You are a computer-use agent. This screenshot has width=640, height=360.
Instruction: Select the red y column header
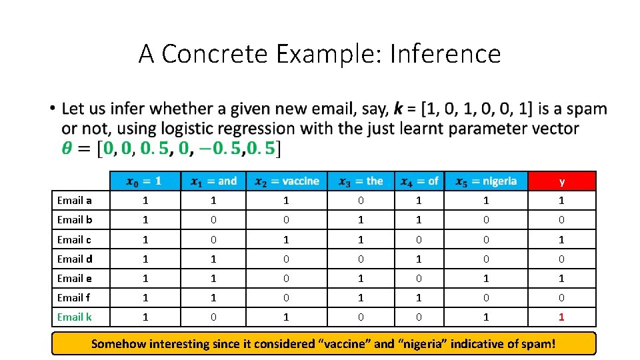click(x=562, y=181)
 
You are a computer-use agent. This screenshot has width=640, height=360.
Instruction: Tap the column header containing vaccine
click(x=287, y=181)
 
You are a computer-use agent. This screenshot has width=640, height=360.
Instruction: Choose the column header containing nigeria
click(x=486, y=181)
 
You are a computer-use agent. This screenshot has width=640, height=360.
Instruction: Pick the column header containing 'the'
click(x=361, y=181)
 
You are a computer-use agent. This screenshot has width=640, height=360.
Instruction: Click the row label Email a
click(x=75, y=201)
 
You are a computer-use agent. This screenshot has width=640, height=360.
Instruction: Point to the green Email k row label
click(x=75, y=317)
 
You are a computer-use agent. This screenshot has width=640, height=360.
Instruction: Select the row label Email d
click(x=75, y=259)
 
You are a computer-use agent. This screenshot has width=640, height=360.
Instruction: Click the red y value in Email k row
click(x=561, y=317)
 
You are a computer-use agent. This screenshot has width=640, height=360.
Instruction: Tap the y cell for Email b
click(x=561, y=220)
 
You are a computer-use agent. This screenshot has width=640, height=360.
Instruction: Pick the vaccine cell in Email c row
click(x=286, y=239)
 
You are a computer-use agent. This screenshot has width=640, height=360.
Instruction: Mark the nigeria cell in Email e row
click(x=486, y=279)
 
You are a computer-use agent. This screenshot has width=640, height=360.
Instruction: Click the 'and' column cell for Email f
click(x=213, y=298)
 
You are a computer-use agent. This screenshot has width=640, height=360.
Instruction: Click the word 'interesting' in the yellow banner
click(x=175, y=344)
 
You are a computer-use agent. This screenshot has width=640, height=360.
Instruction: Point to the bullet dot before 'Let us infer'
click(x=52, y=109)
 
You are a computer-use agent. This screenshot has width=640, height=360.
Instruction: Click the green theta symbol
click(x=67, y=148)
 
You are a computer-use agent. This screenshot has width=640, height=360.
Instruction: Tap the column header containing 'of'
click(x=419, y=181)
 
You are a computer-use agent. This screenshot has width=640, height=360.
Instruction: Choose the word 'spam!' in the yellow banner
click(x=537, y=344)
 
